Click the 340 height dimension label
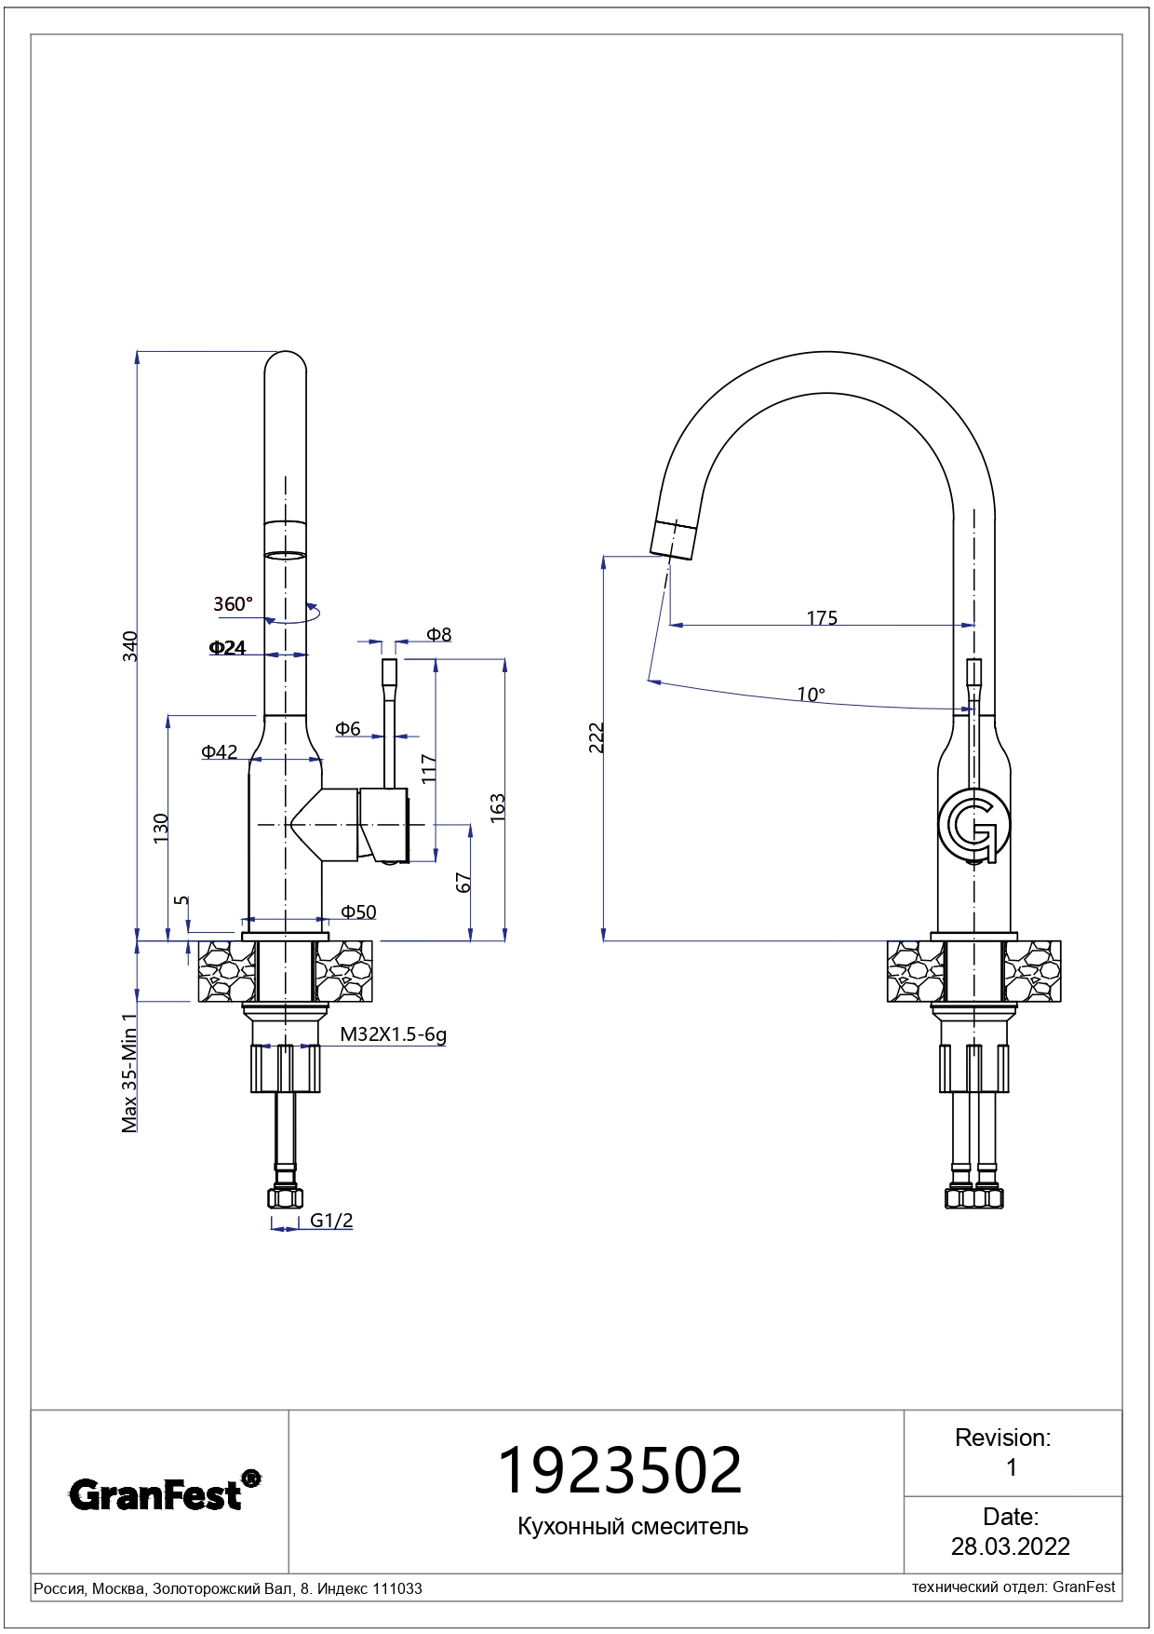click(130, 646)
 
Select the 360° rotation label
click(233, 604)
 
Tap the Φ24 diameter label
click(227, 648)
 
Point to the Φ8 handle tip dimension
click(438, 635)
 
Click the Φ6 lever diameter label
click(347, 729)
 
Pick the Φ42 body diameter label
click(219, 752)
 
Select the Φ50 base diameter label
click(358, 912)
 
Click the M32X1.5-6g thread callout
click(393, 1034)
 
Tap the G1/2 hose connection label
click(331, 1221)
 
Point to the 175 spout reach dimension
click(822, 618)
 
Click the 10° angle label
click(810, 695)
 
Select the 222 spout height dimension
click(597, 737)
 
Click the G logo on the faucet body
click(973, 826)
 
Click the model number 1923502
click(620, 1471)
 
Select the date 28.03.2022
click(1010, 1546)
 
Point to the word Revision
click(1002, 1438)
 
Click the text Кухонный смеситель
click(633, 1526)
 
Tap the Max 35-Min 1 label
click(129, 1074)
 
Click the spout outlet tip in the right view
click(672, 542)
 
